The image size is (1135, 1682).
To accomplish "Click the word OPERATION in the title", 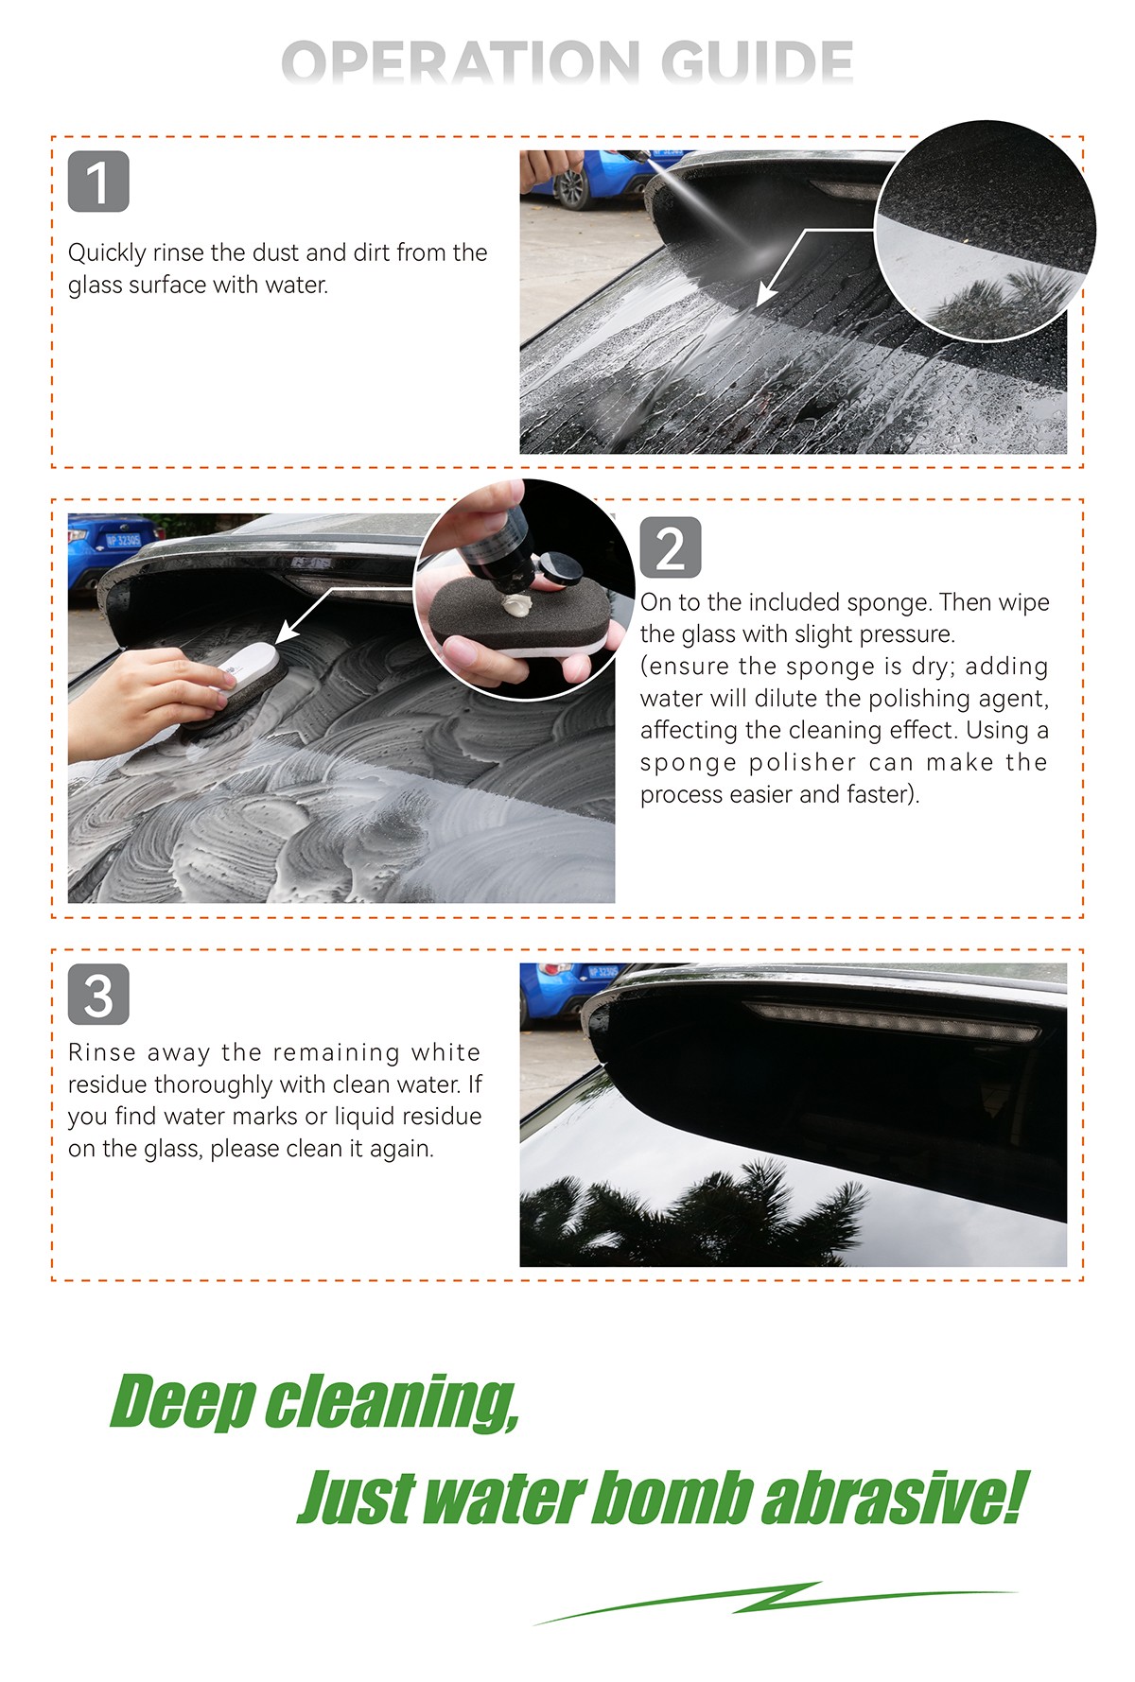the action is coord(461,63).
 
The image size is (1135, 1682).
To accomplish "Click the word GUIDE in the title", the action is coord(757,63).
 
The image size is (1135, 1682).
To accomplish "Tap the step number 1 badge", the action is coord(98,182).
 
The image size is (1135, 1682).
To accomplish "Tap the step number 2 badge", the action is coord(671,547).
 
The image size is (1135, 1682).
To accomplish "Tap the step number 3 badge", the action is coord(98,994).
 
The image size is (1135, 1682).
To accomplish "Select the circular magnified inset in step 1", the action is coord(986,231).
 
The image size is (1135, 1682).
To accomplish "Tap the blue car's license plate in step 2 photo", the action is coord(123,541).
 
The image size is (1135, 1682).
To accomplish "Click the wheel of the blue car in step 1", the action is coord(572,188).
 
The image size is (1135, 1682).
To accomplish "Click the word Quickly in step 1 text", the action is coord(107,253).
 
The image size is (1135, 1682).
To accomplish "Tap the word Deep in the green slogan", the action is coord(183,1403).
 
